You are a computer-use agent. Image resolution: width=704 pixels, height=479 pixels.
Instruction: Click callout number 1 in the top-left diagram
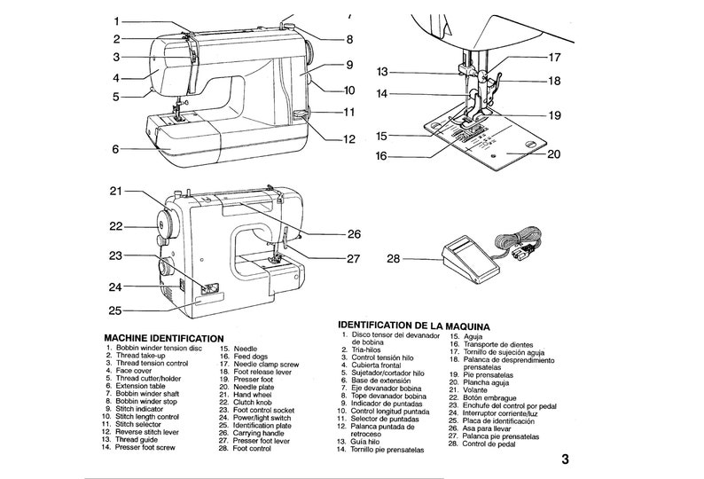coord(117,20)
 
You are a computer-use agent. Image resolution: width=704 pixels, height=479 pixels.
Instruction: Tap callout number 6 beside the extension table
coord(117,149)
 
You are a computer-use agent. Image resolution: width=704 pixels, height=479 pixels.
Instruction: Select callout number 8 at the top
coord(349,40)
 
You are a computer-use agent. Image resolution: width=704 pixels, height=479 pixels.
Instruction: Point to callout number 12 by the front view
coord(349,139)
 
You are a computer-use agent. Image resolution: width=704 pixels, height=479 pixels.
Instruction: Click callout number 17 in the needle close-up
coord(554,58)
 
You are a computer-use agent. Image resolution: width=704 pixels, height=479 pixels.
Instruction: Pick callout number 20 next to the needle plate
coord(554,153)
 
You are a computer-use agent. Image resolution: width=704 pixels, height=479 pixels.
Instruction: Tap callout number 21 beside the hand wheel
coord(117,191)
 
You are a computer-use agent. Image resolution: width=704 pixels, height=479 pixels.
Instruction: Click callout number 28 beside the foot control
coord(395,258)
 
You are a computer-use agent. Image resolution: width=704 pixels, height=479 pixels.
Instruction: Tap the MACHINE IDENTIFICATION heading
coord(163,339)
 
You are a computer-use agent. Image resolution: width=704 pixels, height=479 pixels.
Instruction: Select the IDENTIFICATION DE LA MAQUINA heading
coord(415,326)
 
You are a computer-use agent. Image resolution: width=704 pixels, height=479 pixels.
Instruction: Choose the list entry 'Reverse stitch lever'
coord(147,431)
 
